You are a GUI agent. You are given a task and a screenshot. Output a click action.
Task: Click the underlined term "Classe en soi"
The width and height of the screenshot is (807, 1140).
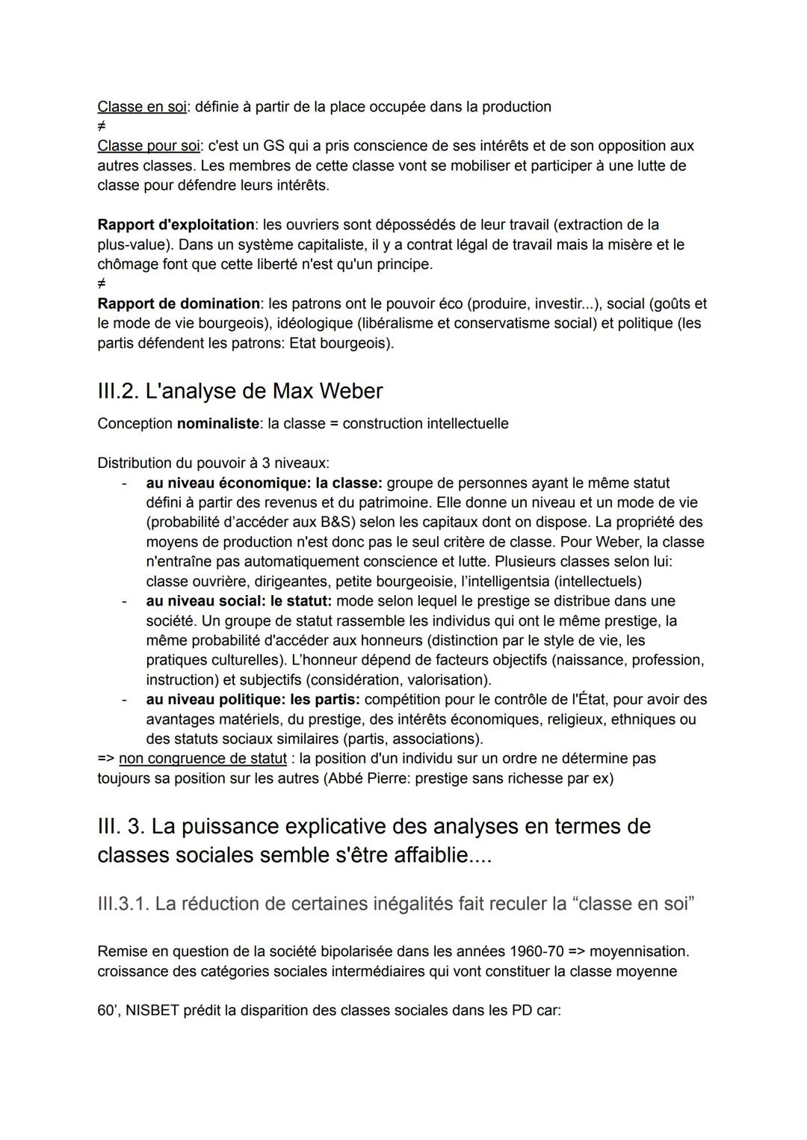(x=141, y=107)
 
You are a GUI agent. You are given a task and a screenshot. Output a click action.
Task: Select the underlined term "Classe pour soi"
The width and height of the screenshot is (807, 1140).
(x=148, y=146)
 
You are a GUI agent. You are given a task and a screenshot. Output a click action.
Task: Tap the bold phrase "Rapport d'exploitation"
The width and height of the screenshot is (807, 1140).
(x=176, y=225)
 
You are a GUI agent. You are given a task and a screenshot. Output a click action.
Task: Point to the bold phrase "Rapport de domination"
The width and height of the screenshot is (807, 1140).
(x=178, y=304)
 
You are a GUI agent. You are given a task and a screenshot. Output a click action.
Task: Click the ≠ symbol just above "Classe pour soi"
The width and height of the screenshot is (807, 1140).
(x=102, y=126)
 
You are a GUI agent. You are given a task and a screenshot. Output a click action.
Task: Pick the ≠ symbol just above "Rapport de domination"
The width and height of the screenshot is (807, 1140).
(x=102, y=284)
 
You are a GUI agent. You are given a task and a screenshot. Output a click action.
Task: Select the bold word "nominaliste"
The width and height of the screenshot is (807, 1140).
(x=217, y=424)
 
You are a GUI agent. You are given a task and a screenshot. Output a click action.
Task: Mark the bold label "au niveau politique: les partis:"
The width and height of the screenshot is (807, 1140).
(x=253, y=700)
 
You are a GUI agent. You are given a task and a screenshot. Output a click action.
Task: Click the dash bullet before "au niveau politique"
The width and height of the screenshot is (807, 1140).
(x=125, y=700)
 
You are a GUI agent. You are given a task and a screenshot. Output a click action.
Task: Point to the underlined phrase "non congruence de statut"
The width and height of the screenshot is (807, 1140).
(x=202, y=759)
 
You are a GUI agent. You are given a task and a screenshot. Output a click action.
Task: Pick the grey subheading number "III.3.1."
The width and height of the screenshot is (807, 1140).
(x=123, y=904)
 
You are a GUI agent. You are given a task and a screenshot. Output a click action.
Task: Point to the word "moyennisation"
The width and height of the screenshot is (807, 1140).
(x=638, y=952)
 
